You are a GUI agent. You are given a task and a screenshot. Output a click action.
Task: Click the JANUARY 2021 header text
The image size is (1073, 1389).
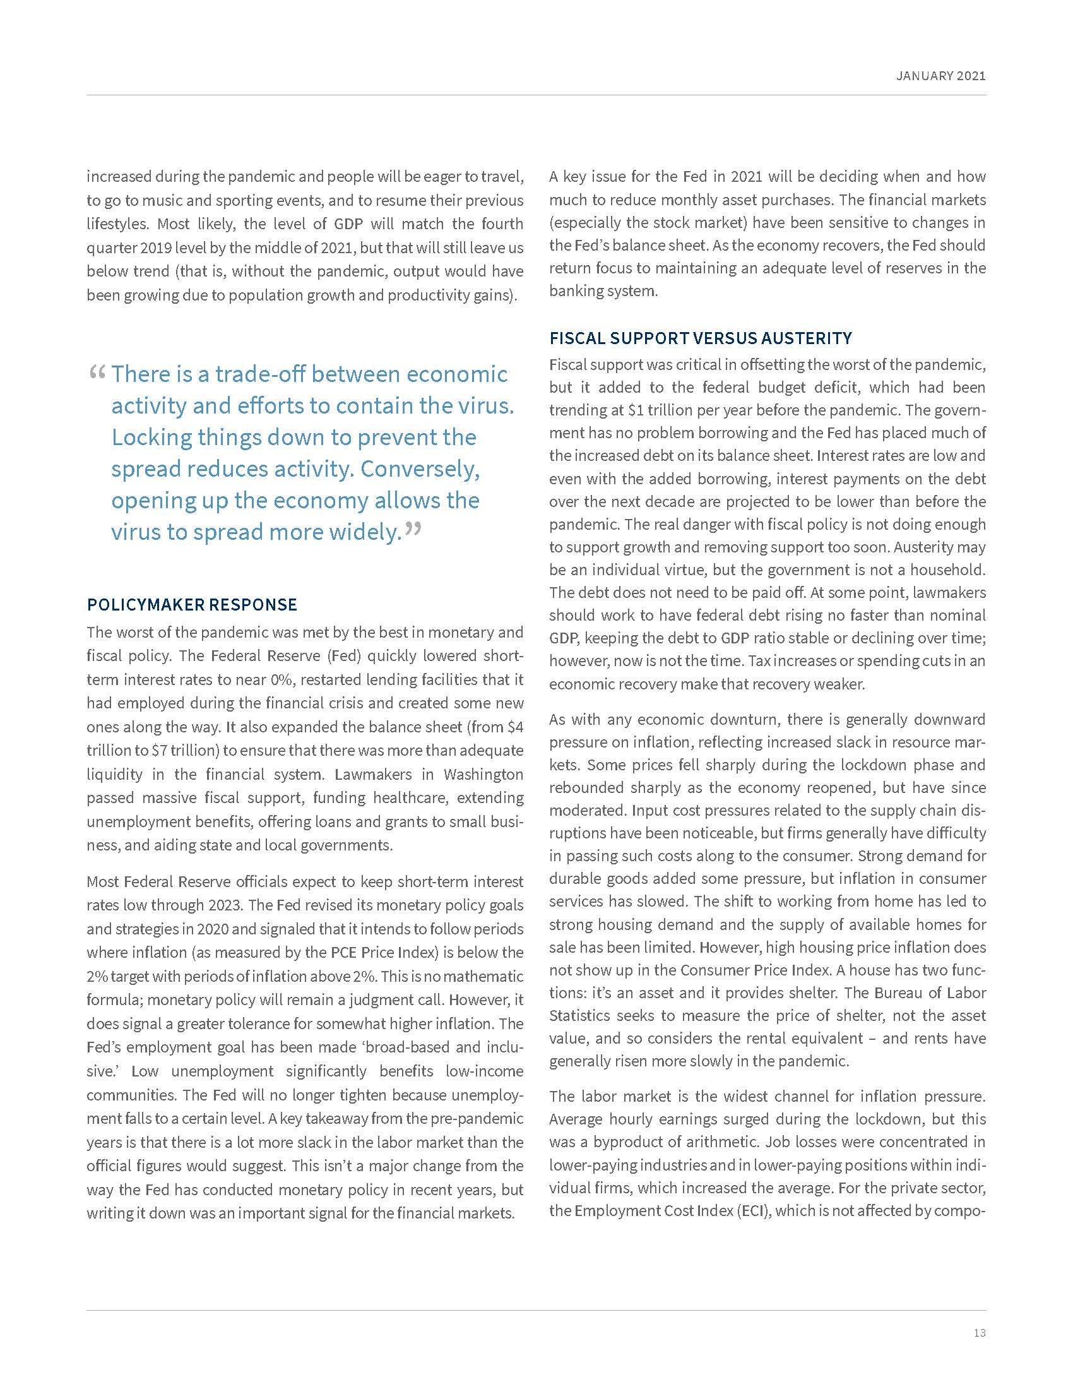tap(940, 76)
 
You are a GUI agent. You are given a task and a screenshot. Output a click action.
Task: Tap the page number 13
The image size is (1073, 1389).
tap(979, 1332)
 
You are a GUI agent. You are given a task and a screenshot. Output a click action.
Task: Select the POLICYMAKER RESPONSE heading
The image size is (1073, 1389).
tap(192, 604)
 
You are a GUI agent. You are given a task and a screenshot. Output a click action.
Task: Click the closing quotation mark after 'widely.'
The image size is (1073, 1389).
tap(413, 529)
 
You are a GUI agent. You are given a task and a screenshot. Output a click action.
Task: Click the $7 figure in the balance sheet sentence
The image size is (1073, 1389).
tap(160, 751)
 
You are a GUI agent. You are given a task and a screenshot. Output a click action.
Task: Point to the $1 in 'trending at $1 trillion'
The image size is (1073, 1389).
tap(636, 410)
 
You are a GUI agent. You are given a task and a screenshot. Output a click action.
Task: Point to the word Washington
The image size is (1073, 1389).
tap(483, 774)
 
